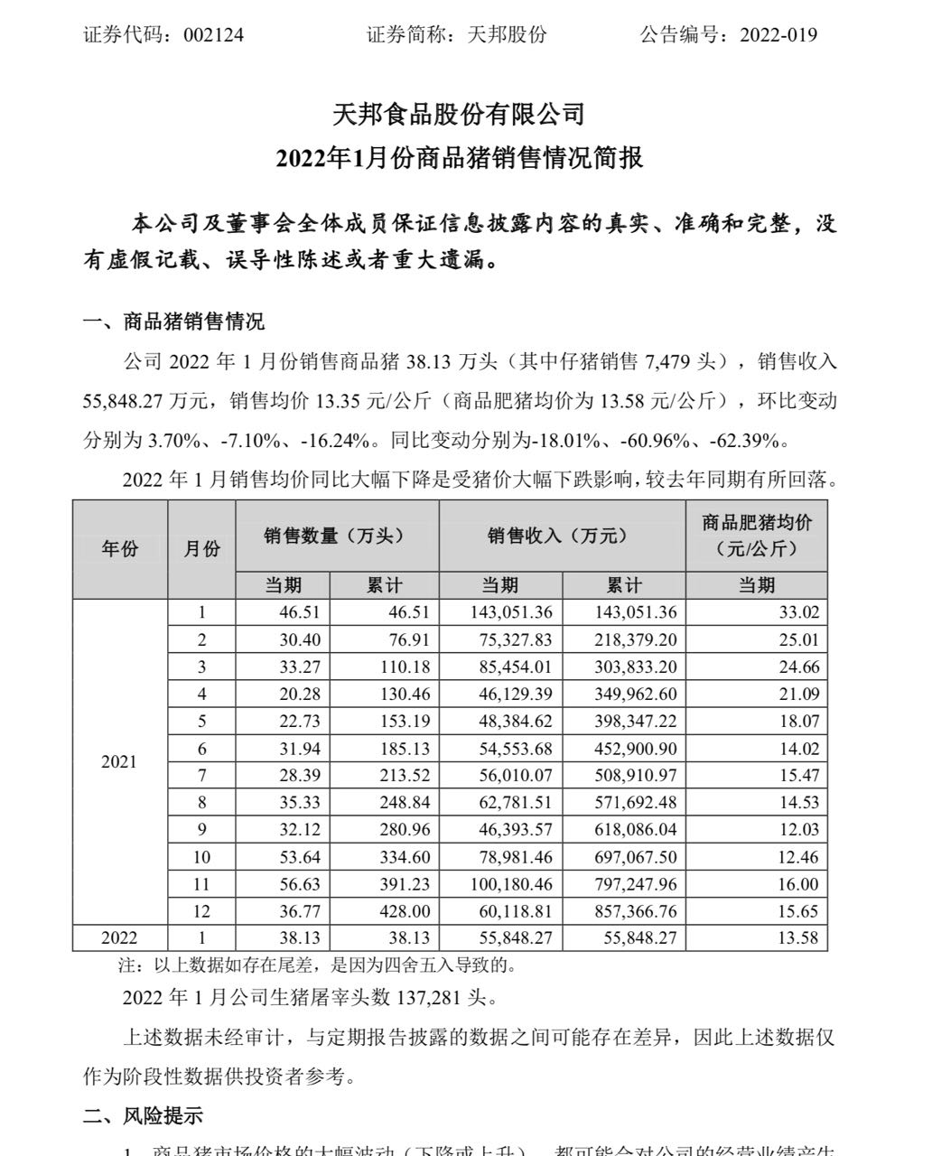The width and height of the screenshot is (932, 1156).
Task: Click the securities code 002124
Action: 213,35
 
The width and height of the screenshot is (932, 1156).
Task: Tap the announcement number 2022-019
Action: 778,35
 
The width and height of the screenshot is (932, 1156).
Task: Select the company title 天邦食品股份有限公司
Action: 460,115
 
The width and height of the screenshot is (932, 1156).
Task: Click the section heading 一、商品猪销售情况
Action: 174,322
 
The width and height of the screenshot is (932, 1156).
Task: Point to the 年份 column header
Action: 120,548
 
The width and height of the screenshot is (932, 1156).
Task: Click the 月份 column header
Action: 201,548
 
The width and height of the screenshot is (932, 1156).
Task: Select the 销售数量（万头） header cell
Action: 337,536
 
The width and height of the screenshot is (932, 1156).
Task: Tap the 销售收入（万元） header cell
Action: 562,536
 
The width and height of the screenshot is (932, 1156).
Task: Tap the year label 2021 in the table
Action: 119,762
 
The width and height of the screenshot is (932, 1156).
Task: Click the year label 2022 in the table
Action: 119,937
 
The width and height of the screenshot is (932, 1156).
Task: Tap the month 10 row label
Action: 201,856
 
